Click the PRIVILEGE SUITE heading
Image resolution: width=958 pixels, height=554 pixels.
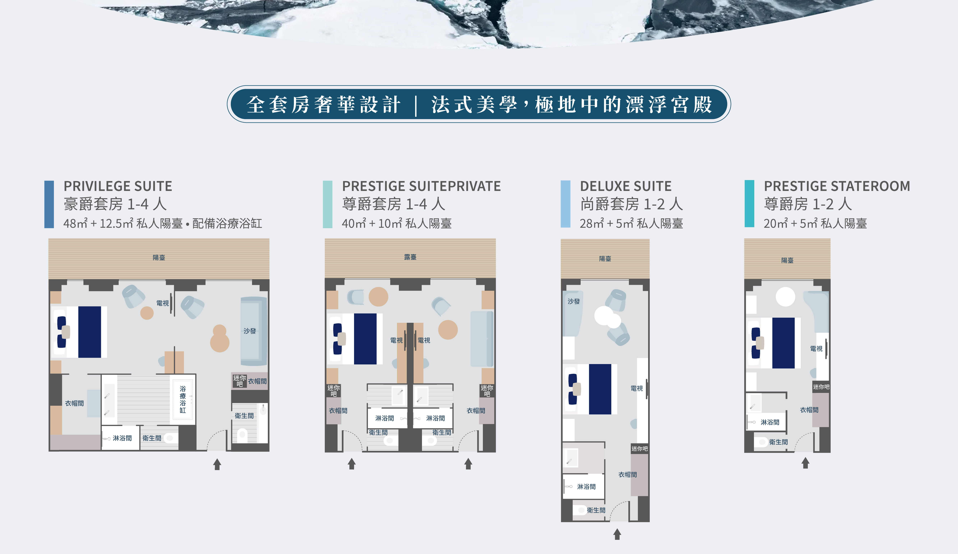point(118,186)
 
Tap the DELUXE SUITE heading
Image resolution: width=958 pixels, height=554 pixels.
point(626,186)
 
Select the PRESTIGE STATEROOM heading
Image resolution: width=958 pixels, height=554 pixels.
point(837,186)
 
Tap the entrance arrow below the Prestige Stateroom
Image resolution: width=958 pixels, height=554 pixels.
point(805,463)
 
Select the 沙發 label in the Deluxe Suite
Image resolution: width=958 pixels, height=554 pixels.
point(574,301)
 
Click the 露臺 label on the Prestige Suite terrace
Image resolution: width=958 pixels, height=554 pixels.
point(410,257)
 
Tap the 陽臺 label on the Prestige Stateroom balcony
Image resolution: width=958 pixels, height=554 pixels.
point(787,260)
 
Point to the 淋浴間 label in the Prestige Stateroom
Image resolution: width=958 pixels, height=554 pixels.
point(770,422)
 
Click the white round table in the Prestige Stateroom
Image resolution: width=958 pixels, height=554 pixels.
point(785,297)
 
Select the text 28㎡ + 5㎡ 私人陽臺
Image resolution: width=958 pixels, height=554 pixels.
point(631,224)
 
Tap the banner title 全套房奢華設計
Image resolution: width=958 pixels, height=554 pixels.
point(323,104)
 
